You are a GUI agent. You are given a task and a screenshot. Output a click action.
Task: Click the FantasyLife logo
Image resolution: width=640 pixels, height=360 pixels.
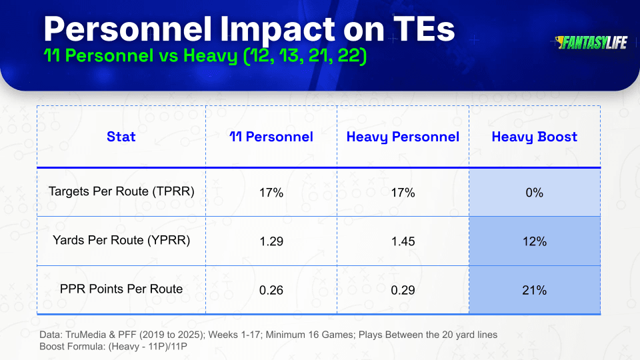591,43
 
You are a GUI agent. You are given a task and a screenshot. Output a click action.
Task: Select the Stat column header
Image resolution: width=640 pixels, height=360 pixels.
121,137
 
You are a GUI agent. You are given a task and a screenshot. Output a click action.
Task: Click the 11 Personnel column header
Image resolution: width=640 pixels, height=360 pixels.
271,137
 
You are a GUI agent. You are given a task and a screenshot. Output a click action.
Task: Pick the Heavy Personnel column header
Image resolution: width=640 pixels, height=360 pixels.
403,137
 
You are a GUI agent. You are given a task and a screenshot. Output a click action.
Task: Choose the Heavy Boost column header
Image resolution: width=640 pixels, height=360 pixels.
534,137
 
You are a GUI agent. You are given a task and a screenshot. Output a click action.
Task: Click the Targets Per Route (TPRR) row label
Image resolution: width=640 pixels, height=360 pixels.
121,191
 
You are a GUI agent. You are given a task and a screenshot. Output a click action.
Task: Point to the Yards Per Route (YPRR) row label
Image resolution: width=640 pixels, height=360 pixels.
121,240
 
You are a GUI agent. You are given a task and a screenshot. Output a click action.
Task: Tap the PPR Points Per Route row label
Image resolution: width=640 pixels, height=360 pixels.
121,289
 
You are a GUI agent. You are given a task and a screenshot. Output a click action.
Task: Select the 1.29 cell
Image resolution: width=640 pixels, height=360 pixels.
271,241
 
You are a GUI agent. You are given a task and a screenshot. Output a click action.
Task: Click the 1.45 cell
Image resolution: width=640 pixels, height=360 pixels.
403,241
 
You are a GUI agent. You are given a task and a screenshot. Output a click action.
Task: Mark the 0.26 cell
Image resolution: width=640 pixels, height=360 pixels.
271,290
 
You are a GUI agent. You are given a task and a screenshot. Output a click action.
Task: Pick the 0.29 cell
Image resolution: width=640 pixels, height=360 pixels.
403,290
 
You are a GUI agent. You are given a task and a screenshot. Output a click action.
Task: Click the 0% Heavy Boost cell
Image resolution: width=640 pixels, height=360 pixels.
535,193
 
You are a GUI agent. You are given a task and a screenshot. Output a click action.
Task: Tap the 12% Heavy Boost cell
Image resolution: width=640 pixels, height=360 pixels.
535,241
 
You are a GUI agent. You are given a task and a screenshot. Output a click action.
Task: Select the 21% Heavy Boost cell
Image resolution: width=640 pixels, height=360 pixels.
535,290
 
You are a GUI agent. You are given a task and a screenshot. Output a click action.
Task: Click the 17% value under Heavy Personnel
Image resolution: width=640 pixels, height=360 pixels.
403,193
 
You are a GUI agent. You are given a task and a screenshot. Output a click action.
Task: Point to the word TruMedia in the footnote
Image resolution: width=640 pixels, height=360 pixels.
86,335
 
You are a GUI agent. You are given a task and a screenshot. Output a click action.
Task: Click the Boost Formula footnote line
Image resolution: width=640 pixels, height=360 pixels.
113,347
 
